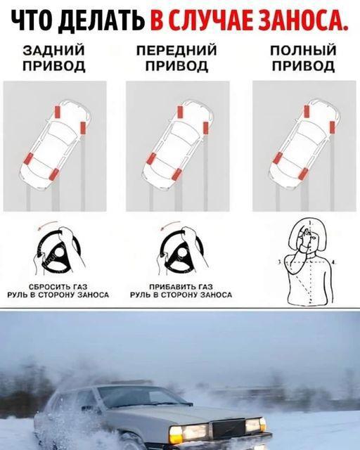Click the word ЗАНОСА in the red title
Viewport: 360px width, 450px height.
(x=303, y=21)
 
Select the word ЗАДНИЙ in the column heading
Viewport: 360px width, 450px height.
(x=54, y=50)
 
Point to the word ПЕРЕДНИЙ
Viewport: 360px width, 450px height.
(x=176, y=50)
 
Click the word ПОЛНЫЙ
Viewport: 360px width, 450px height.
(x=303, y=50)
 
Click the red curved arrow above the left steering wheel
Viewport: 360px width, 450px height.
(x=48, y=224)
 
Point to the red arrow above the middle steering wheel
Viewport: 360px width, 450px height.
(x=171, y=224)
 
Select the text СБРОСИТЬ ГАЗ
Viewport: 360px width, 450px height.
(x=58, y=286)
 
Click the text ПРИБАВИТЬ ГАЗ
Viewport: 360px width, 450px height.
(x=181, y=286)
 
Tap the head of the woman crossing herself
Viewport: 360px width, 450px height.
(x=308, y=235)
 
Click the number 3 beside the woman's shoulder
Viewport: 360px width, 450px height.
(x=280, y=262)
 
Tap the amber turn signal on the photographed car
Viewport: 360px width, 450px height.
(x=175, y=435)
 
